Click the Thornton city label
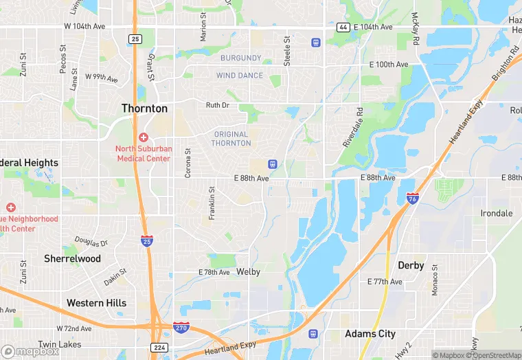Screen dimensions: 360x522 (144, 109)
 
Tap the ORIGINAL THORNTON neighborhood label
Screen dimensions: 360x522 (231, 139)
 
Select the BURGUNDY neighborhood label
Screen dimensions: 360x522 (240, 58)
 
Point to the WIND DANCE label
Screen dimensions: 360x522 (240, 76)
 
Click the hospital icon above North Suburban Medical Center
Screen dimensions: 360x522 (143, 137)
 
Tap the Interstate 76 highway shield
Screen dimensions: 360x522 (411, 198)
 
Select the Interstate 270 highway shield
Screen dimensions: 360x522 (181, 328)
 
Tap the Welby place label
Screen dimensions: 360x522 (248, 272)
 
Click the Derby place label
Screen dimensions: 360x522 (411, 265)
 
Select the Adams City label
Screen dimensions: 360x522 (370, 334)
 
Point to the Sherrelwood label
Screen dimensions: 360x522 (72, 259)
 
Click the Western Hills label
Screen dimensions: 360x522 (96, 303)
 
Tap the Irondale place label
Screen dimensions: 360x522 (496, 213)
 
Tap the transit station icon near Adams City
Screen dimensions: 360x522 (314, 334)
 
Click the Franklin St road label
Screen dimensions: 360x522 (212, 203)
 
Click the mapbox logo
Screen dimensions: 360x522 (31, 350)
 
